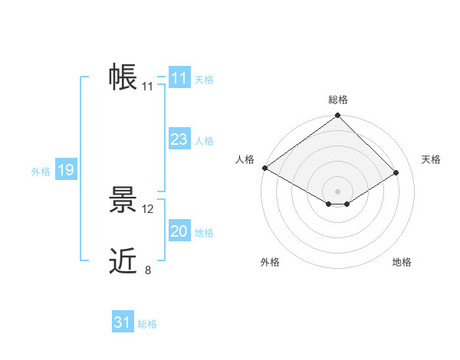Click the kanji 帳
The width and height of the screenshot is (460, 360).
pos(123,77)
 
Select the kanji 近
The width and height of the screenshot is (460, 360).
pos(123,262)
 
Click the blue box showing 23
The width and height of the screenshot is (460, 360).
pos(179,139)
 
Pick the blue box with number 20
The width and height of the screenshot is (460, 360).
pos(179,231)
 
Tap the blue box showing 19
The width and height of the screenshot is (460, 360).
pos(65,170)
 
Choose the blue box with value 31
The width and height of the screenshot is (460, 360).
pos(122,322)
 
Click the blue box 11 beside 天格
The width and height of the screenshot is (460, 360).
pos(179,78)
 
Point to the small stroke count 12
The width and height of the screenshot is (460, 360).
pos(148,208)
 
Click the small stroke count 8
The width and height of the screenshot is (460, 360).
pos(148,270)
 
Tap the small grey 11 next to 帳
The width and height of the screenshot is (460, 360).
pos(148,87)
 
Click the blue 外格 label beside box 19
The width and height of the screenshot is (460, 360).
pos(41,172)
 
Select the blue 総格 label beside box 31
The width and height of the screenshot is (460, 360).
pos(147,324)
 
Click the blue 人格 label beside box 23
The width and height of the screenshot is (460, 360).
pos(204,141)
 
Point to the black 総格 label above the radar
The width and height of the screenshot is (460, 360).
pos(337,100)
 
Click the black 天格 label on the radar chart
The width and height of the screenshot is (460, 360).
pos(431,159)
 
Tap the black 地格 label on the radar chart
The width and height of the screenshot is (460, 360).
pos(402,262)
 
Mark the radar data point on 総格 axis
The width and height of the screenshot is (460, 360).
pos(337,116)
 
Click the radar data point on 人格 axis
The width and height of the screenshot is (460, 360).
pos(264,168)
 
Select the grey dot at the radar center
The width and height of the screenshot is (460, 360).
pos(337,191)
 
